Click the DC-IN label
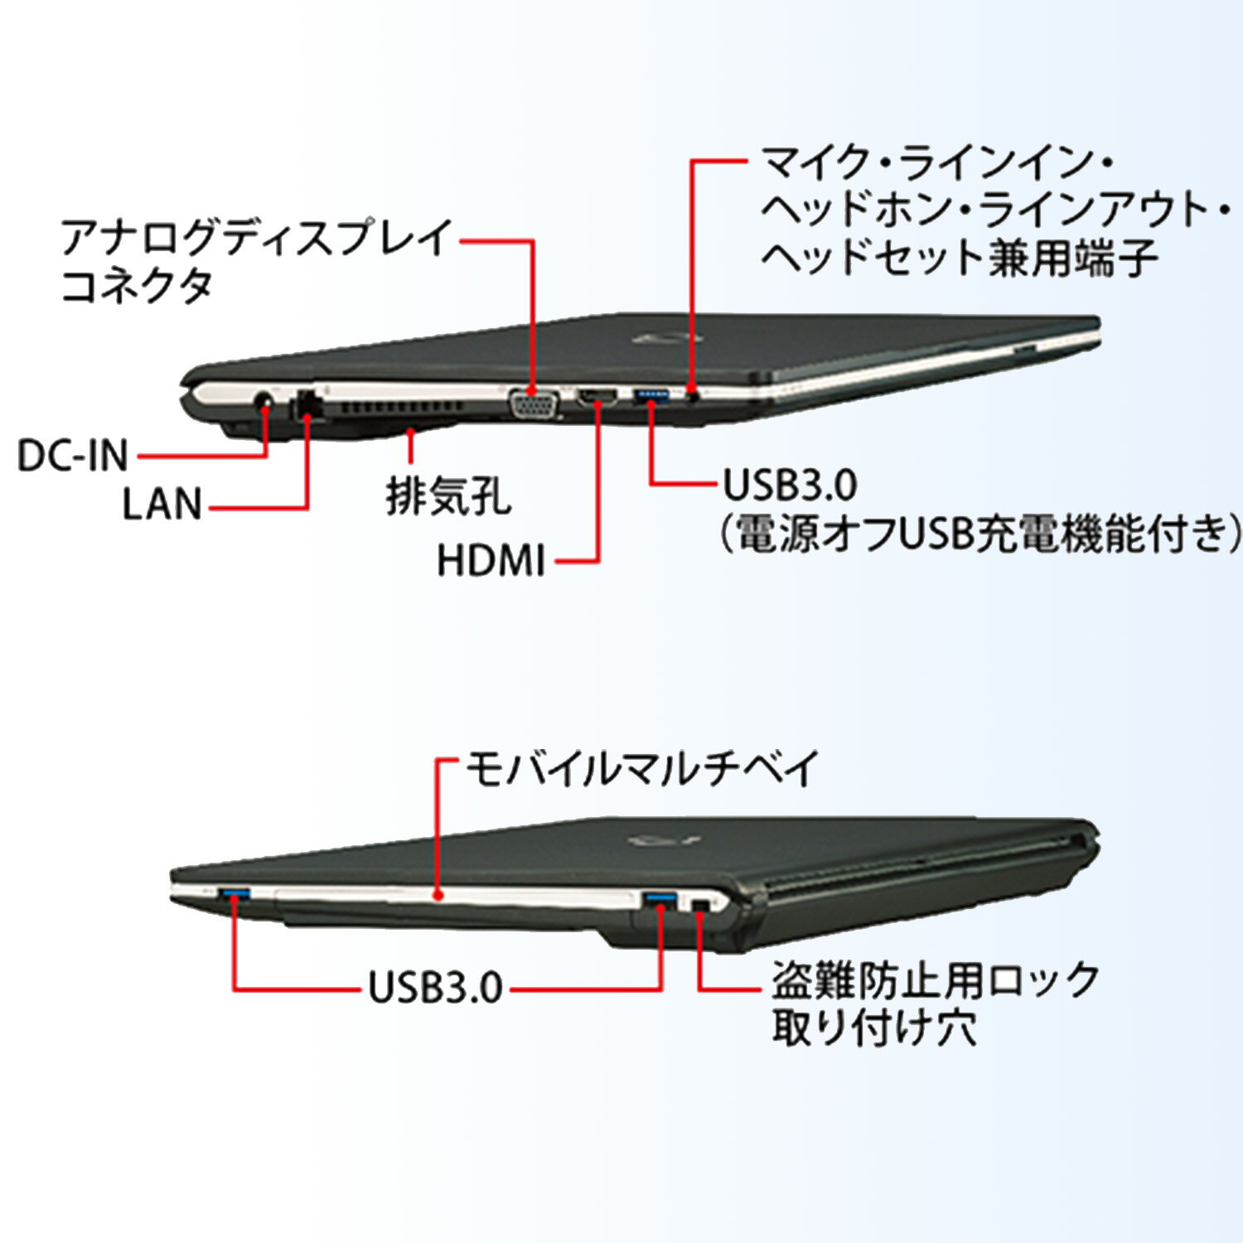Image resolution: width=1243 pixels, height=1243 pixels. pyautogui.click(x=73, y=455)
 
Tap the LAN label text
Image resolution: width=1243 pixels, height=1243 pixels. pyautogui.click(x=162, y=504)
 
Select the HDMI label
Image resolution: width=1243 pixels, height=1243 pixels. pyautogui.click(x=491, y=561)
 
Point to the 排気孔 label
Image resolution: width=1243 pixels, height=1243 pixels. pyautogui.click(x=448, y=497)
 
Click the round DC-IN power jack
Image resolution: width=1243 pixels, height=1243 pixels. pyautogui.click(x=264, y=404)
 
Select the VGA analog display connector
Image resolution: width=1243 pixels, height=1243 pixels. pyautogui.click(x=534, y=404)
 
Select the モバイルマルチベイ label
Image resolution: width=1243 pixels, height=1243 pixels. pyautogui.click(x=642, y=768)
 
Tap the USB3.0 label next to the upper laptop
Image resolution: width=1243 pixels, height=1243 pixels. pyautogui.click(x=790, y=486)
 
